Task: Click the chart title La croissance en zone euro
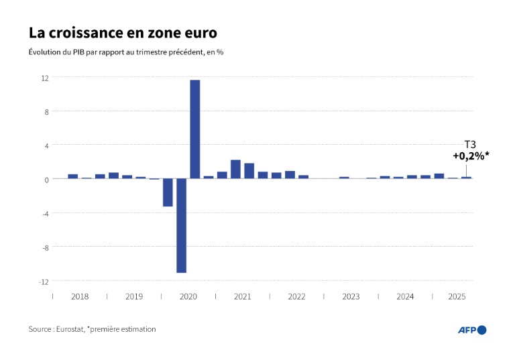(122, 33)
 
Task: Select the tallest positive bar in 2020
(195, 129)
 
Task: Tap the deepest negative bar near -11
(181, 225)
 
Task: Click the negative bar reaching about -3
(168, 192)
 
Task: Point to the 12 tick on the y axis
(45, 78)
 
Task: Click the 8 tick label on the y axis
(47, 111)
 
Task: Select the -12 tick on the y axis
(44, 282)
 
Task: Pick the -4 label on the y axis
(45, 213)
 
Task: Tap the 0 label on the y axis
(47, 179)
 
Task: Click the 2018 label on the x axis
(80, 296)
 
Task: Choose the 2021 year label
(242, 296)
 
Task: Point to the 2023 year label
(351, 296)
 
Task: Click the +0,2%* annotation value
(471, 156)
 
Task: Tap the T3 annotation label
(471, 145)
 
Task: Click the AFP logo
(471, 329)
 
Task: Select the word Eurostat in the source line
(69, 329)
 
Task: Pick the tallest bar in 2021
(235, 169)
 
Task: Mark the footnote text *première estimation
(122, 329)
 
